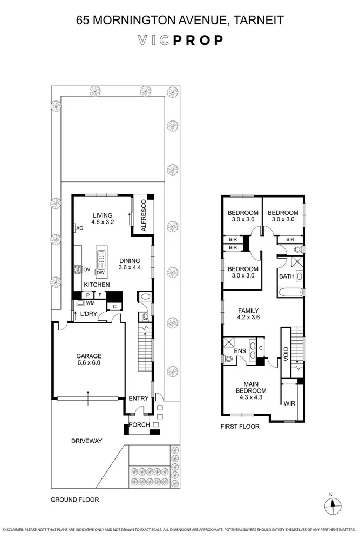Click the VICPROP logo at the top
pos(180,40)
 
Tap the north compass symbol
pos(332,505)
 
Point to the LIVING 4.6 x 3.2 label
pos(102,218)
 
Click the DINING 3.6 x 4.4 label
pos(130,264)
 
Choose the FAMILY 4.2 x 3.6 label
pos(249,314)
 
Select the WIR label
pos(289,403)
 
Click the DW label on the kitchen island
pos(100,273)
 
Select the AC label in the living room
pos(79,228)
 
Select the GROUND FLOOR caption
pos(74,500)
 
